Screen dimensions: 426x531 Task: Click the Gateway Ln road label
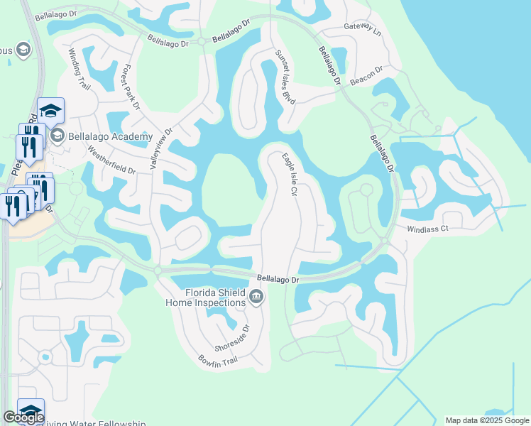click(363, 29)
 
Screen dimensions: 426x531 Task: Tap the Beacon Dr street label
click(366, 75)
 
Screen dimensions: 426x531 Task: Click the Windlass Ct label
click(428, 229)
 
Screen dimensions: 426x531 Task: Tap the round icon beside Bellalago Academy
click(58, 136)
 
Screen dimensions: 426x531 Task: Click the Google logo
click(23, 417)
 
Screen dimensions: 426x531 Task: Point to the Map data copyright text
click(486, 420)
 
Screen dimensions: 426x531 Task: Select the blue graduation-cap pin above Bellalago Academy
click(51, 110)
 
